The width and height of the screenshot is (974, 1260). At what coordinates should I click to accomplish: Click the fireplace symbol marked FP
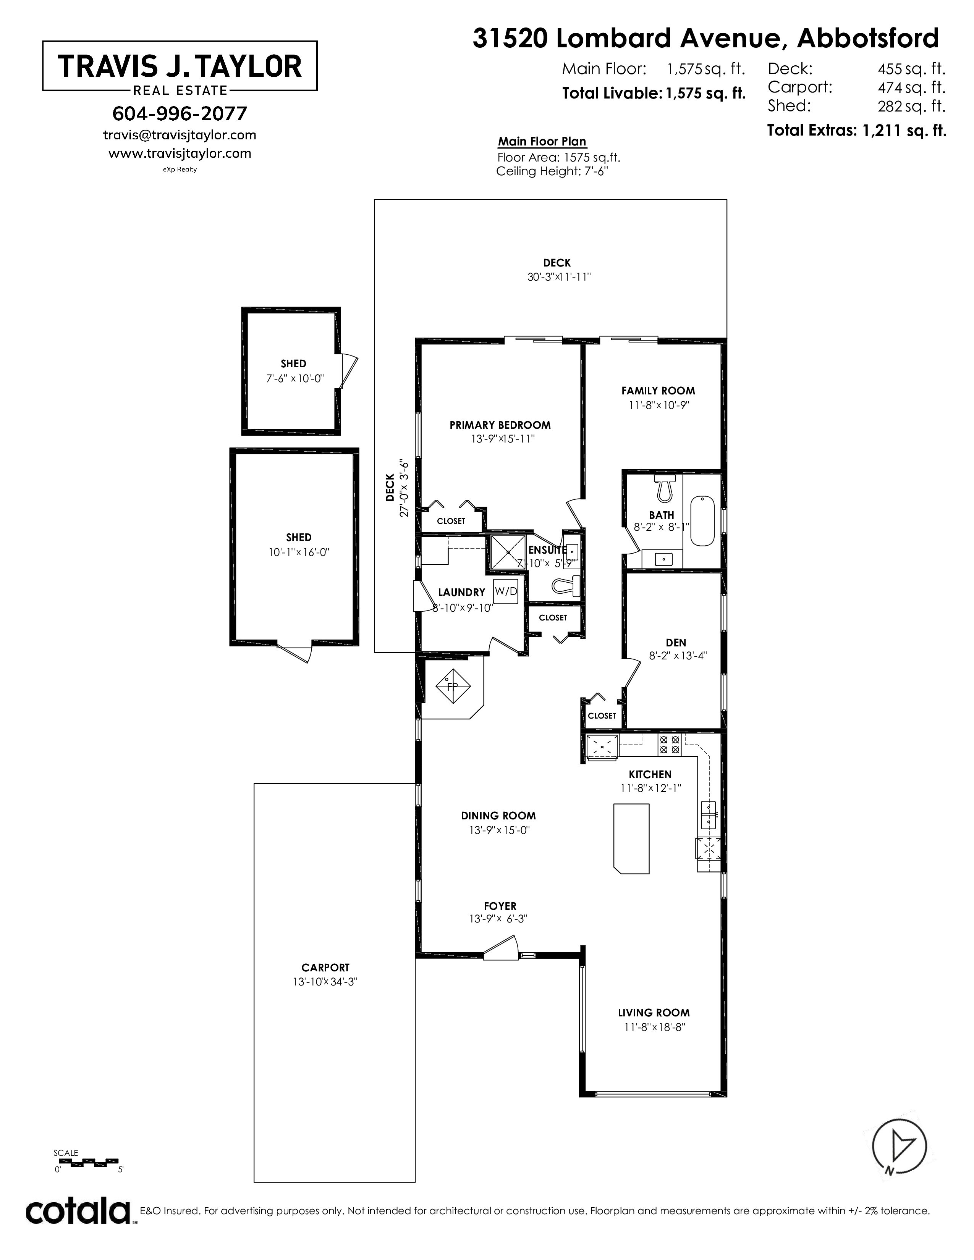coord(453,686)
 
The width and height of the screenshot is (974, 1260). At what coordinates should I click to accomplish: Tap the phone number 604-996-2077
coord(180,114)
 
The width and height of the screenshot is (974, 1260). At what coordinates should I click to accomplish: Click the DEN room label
coord(676,642)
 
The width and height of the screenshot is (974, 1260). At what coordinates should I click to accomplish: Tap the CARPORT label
coord(325,968)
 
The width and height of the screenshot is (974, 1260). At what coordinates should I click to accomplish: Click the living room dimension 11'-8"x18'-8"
coord(654,1027)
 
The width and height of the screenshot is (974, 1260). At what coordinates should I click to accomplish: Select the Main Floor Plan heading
coord(542,141)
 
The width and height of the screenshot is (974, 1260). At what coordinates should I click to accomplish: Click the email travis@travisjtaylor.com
coord(180,135)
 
